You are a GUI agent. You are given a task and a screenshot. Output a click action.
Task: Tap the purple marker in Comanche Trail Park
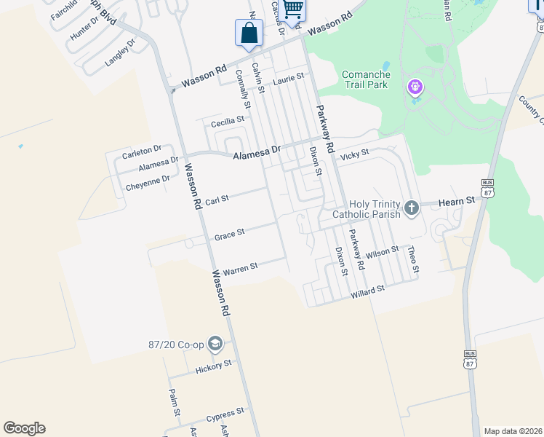pyautogui.click(x=415, y=87)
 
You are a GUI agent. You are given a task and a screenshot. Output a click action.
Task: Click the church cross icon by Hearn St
pyautogui.click(x=412, y=209)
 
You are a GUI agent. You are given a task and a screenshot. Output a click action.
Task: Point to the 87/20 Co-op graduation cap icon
pyautogui.click(x=215, y=342)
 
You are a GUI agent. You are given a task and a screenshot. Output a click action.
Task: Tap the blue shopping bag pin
pyautogui.click(x=249, y=34)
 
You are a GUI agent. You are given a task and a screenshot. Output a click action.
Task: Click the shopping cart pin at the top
pyautogui.click(x=292, y=10)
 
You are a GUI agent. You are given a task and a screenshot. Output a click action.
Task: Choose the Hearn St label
pyautogui.click(x=456, y=199)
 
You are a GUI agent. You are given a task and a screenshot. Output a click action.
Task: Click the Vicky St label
pyautogui.click(x=356, y=153)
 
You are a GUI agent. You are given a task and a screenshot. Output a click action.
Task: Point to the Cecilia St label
pyautogui.click(x=227, y=121)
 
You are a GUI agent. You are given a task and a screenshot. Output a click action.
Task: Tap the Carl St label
pyautogui.click(x=217, y=199)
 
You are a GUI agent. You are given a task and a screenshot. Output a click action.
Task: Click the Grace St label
pyautogui.click(x=229, y=235)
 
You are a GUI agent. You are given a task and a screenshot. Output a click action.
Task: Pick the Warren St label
pyautogui.click(x=240, y=268)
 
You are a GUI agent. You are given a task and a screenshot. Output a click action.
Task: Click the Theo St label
pyautogui.click(x=413, y=259)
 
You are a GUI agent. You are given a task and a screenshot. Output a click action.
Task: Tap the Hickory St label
pyautogui.click(x=213, y=367)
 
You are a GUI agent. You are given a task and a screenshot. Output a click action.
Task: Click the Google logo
pyautogui.click(x=24, y=428)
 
